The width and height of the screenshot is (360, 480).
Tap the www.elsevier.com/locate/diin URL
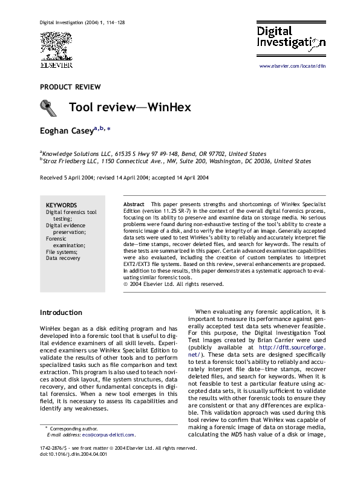point(293,63)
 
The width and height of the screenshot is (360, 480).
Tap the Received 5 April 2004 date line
point(124,178)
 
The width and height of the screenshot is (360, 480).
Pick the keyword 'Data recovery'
point(63,258)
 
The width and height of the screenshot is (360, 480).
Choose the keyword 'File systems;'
point(61,251)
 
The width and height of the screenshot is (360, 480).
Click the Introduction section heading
point(61,312)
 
